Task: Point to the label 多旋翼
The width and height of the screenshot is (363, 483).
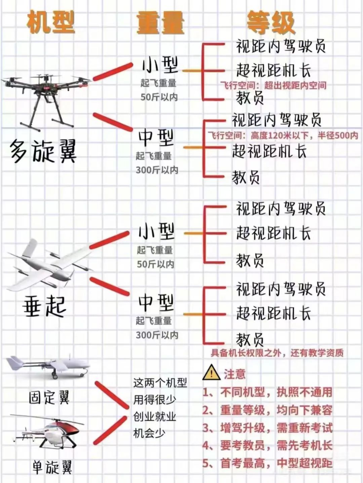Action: click(43, 151)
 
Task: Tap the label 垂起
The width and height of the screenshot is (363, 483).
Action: click(44, 307)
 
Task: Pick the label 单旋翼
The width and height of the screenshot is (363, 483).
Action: click(52, 467)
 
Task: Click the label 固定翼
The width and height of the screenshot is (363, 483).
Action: click(49, 398)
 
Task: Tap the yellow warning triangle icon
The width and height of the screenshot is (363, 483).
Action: click(211, 372)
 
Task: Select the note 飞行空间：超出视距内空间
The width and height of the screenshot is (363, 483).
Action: click(273, 85)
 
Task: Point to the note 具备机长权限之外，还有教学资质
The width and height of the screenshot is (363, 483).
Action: click(277, 353)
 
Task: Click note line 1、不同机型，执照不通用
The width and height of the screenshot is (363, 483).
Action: click(267, 392)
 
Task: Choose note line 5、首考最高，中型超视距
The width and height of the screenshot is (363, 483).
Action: click(267, 463)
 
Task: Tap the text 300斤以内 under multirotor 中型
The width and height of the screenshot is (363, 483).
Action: click(157, 170)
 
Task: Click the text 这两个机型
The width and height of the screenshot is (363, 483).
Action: click(160, 383)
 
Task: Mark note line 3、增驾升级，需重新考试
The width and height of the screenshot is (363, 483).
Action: click(267, 428)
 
